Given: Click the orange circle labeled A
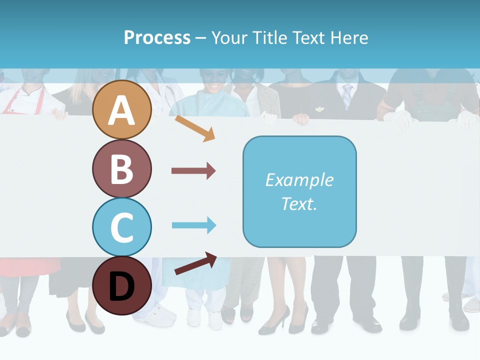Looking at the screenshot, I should [122, 110].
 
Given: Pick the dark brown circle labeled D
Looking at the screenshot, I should [122, 285].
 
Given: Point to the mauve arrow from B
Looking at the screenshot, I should [193, 171].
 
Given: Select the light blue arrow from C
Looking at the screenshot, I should [193, 225].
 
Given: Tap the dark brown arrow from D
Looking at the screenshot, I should [195, 263].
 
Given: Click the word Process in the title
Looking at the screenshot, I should [157, 37].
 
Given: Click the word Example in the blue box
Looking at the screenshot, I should [299, 180].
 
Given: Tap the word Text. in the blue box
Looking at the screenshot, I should [299, 203].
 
